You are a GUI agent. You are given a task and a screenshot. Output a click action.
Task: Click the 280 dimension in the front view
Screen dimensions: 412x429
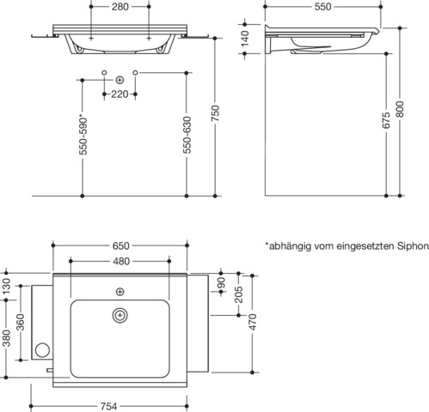click(120, 8)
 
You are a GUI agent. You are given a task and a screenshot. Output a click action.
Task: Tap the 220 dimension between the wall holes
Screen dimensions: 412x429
click(120, 94)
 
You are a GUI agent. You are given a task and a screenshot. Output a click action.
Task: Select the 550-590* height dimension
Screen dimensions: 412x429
click(81, 135)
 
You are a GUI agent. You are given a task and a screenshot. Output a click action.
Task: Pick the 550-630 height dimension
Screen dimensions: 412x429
click(187, 136)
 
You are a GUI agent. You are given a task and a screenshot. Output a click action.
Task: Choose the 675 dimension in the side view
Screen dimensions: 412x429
click(387, 122)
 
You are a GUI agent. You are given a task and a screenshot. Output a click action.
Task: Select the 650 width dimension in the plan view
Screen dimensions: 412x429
click(120, 245)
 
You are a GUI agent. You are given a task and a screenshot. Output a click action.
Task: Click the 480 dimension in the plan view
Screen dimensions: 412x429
click(120, 262)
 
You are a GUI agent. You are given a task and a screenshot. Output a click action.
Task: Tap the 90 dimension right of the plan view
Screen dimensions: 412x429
click(221, 282)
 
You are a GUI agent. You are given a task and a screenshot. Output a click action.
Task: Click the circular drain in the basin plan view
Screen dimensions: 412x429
click(119, 317)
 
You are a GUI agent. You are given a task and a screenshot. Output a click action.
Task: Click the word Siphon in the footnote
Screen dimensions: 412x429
click(412, 245)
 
